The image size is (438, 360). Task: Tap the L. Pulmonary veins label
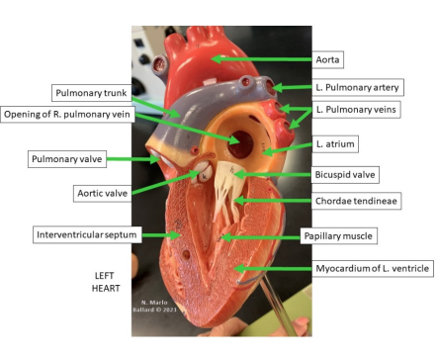pos(359,108)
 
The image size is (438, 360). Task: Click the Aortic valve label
pos(99,193)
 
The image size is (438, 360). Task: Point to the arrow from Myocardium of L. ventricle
pos(267,268)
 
